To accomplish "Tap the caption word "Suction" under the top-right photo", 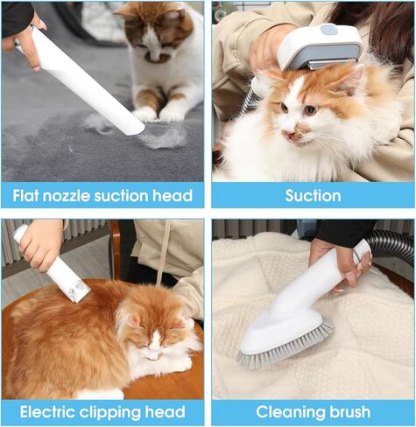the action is (x=313, y=196).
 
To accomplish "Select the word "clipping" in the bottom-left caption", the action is (x=110, y=413).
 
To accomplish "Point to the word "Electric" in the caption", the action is (x=48, y=412).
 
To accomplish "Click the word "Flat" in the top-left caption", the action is (x=26, y=196).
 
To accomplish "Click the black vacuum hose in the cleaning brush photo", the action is (x=391, y=243).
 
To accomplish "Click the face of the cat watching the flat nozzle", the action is (x=156, y=44).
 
